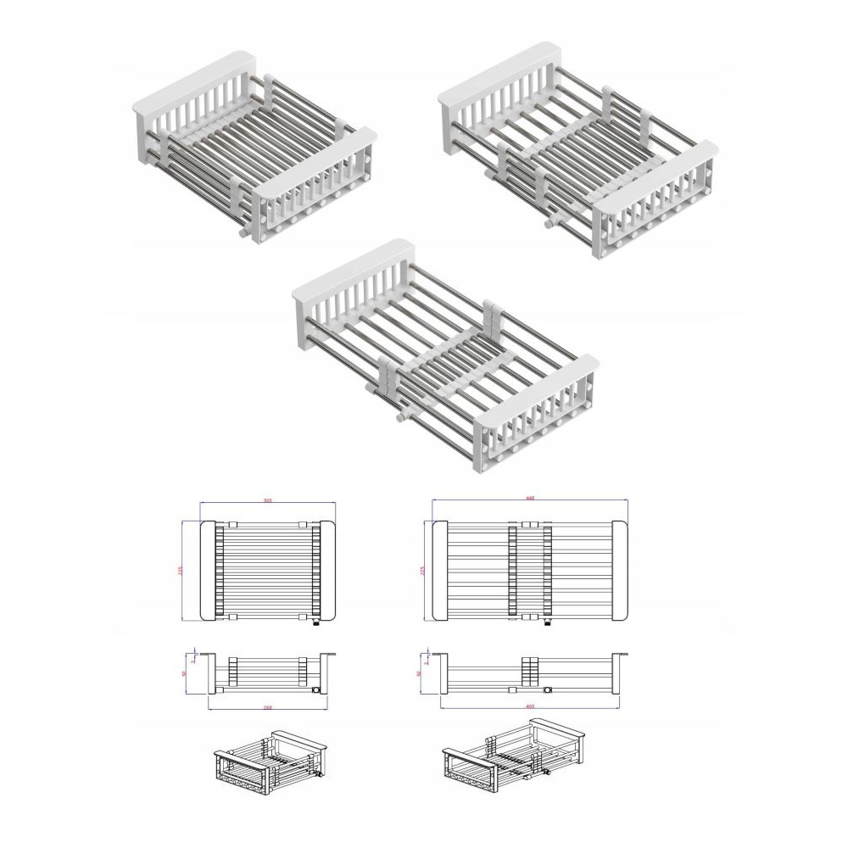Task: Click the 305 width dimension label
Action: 267,500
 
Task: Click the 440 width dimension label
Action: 530,498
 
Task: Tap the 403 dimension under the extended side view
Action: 529,705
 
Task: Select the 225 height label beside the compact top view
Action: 180,571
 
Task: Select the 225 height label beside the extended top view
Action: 421,571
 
